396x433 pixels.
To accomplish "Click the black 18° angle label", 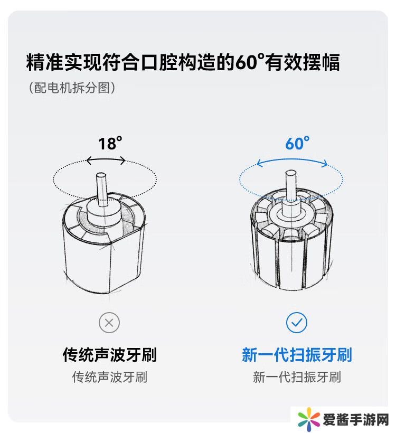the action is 110,143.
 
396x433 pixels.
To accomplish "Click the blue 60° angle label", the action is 297,143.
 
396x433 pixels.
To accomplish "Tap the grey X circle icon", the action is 109,323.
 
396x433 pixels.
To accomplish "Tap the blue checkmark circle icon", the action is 297,323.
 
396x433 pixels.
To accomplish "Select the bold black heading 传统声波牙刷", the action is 110,355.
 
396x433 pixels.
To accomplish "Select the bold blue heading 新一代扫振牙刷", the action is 297,355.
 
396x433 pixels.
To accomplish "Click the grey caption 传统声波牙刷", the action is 110,377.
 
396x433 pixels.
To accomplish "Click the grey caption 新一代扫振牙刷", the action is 297,377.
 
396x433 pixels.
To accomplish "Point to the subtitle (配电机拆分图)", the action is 72,88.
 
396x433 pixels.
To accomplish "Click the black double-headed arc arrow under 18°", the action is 106,159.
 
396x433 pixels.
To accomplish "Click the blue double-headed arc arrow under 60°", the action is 292,160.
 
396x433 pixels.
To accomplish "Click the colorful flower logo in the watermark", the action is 308,420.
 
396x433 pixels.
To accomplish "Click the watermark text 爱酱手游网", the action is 356,420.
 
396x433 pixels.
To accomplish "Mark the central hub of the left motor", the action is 104,213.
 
